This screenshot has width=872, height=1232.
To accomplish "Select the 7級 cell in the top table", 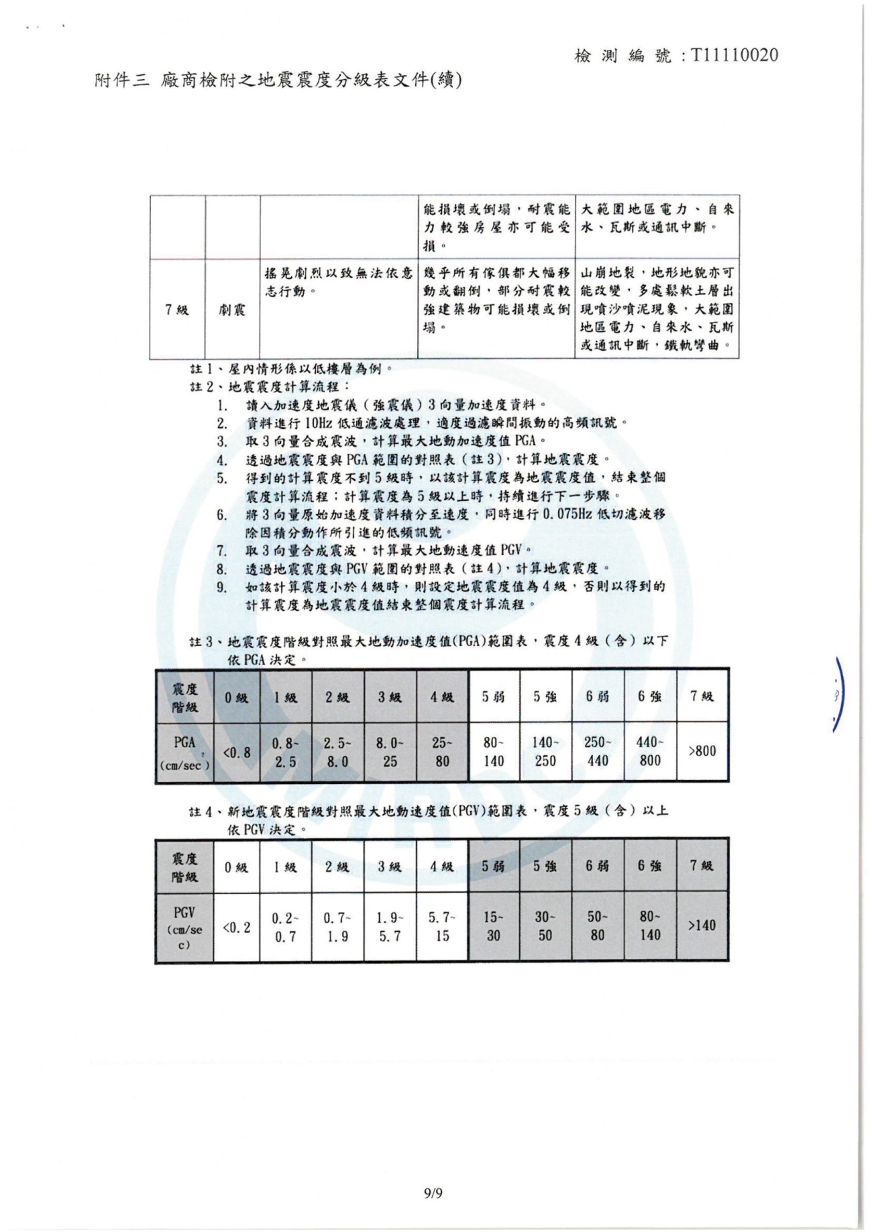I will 177,309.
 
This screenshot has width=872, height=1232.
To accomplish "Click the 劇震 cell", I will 232,309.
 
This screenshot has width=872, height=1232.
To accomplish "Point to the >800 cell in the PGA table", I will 702,751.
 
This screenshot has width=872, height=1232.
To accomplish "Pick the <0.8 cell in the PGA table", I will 237,752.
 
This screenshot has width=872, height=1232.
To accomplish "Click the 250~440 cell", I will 598,751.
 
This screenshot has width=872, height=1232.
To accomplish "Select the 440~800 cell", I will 650,751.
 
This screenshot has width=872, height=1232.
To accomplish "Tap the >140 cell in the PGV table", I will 702,926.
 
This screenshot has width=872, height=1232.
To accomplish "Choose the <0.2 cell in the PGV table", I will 236,927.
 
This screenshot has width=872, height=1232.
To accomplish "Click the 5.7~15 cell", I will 441,926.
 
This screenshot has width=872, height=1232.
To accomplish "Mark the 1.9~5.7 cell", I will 390,926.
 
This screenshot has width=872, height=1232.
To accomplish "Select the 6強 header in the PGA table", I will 650,696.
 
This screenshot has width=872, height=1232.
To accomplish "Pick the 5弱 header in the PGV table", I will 494,866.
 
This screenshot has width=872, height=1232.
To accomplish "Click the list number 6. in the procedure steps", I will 221,515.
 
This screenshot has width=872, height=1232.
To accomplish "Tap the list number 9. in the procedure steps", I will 221,587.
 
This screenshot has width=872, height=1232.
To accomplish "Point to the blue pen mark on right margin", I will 838,694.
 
